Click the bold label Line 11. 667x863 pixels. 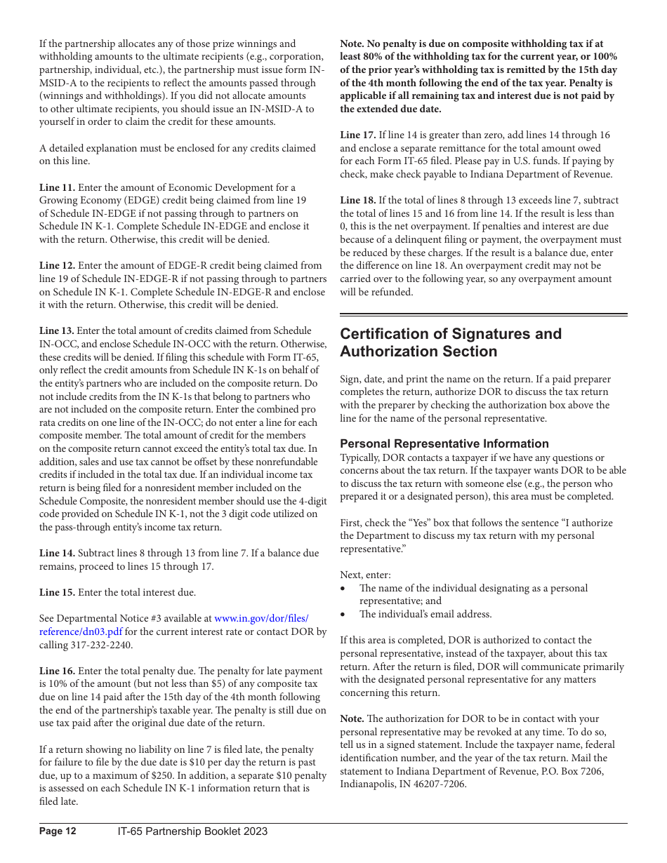[x=57, y=187]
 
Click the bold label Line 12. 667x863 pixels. [x=57, y=265]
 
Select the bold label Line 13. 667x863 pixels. [x=56, y=330]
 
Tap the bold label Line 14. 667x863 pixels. [x=57, y=553]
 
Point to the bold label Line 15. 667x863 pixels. [x=57, y=592]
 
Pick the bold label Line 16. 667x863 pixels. [x=57, y=671]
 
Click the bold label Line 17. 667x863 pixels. [x=357, y=135]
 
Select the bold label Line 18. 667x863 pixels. [x=357, y=200]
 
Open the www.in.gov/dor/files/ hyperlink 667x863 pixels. [x=260, y=618]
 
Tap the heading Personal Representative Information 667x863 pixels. [x=444, y=443]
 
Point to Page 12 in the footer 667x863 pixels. [x=58, y=831]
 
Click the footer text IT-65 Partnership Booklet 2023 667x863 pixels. [x=192, y=831]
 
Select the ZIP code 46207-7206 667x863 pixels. [x=441, y=784]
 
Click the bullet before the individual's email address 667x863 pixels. [x=343, y=615]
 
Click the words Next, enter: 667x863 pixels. [x=365, y=575]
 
